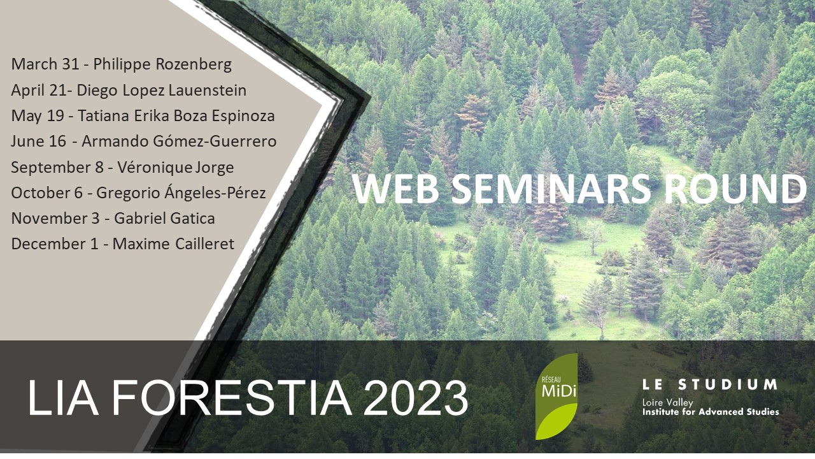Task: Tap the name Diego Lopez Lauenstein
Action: (162, 91)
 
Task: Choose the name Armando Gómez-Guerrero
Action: (179, 142)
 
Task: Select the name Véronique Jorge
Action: (176, 168)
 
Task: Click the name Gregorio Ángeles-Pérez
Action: (181, 193)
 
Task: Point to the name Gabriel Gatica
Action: (164, 219)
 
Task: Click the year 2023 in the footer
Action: (416, 398)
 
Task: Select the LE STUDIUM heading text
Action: (710, 384)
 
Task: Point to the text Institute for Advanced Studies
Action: (711, 412)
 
